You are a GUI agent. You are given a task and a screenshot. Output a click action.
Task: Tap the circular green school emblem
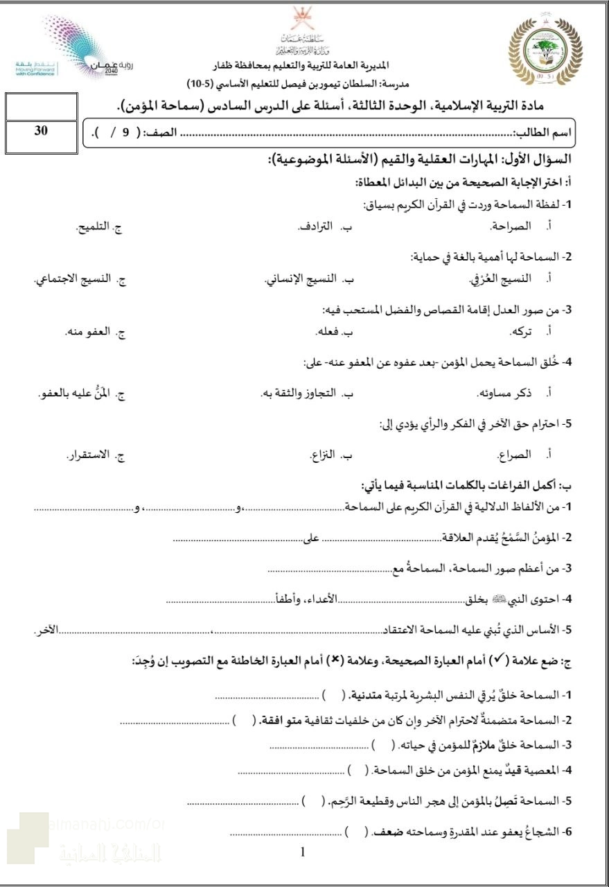pos(546,53)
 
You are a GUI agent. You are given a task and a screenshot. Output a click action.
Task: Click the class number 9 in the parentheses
pos(126,132)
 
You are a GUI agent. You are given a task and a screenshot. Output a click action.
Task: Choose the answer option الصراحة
pos(511,227)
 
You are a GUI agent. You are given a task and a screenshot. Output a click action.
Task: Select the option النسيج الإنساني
pos(300,279)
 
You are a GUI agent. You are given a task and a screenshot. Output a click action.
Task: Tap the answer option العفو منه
pos(89,332)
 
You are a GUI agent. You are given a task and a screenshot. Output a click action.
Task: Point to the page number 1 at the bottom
pos(303,852)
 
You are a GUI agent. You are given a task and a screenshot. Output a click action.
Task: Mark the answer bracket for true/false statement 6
pos(355,830)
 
